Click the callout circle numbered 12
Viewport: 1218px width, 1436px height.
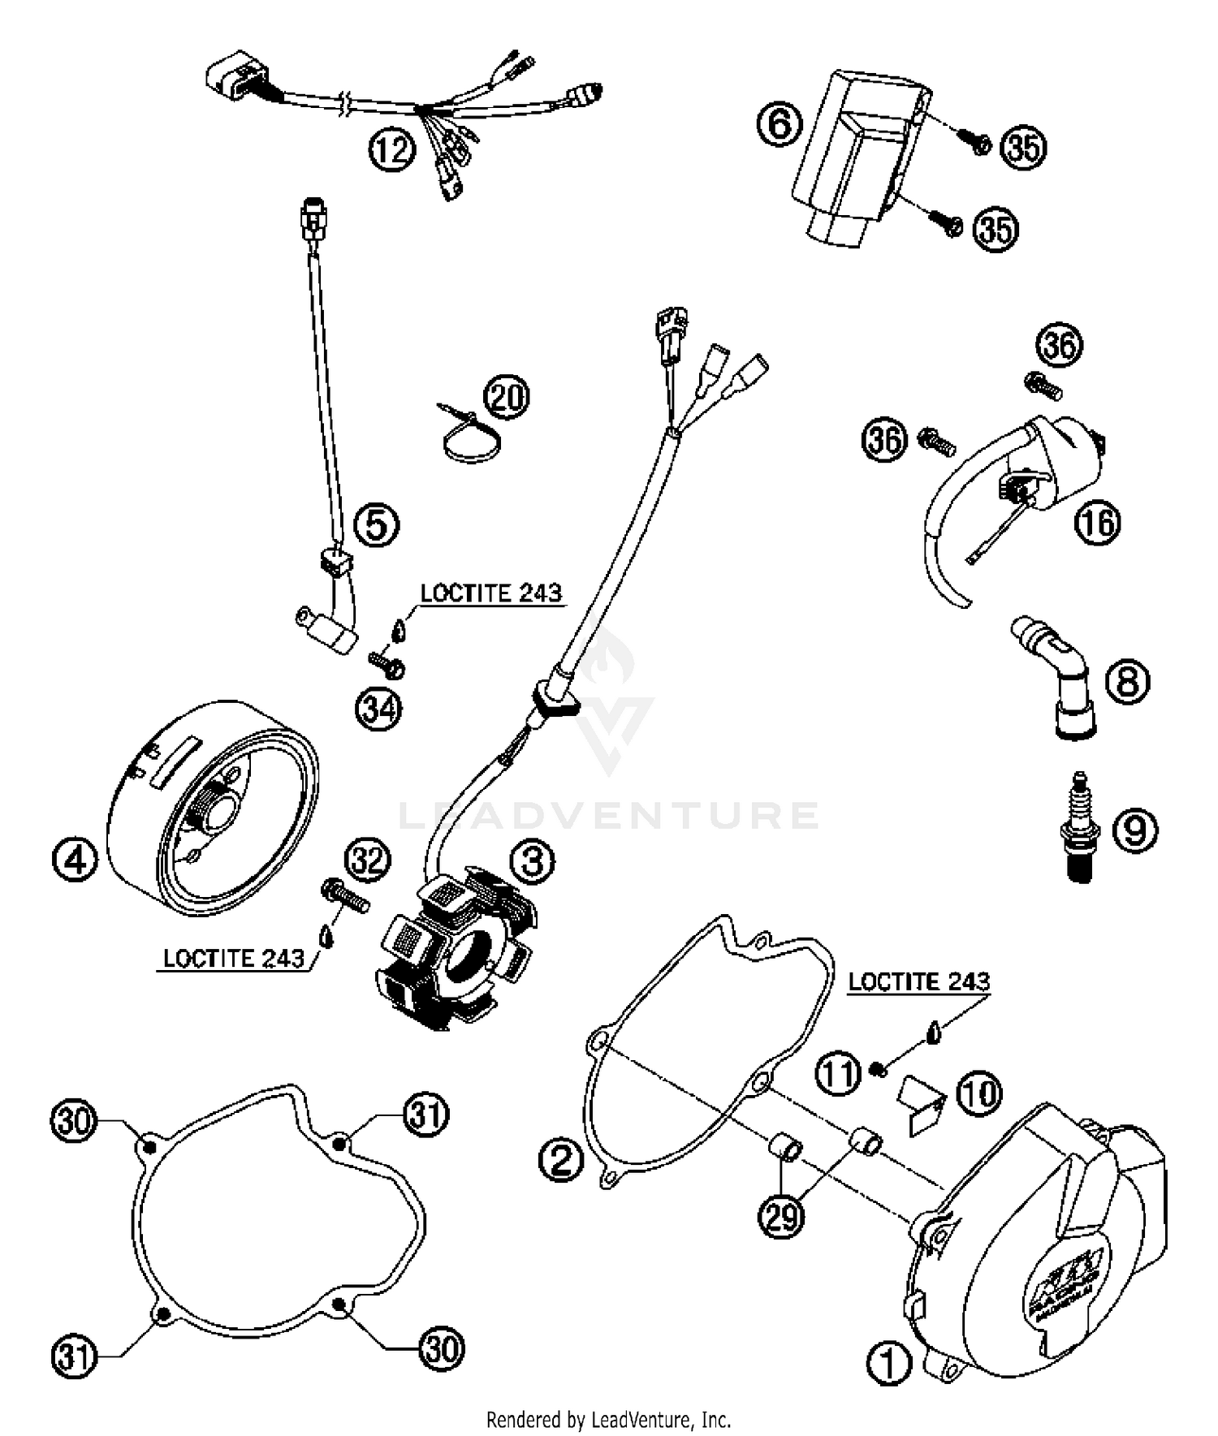coord(392,150)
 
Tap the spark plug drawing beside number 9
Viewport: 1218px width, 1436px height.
coord(1080,827)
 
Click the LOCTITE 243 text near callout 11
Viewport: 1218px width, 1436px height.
coord(918,981)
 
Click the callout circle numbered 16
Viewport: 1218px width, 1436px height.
coord(1097,523)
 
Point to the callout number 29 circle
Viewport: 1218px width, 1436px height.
coord(783,1217)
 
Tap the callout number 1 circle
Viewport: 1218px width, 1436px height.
coord(889,1365)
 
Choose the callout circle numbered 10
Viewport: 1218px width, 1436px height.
coord(979,1093)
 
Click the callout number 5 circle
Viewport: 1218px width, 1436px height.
coord(377,524)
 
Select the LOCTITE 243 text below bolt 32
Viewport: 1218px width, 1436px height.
coord(233,959)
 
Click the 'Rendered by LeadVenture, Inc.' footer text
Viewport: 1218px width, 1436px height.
coord(608,1420)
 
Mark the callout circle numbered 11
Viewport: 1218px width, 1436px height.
coord(838,1073)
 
